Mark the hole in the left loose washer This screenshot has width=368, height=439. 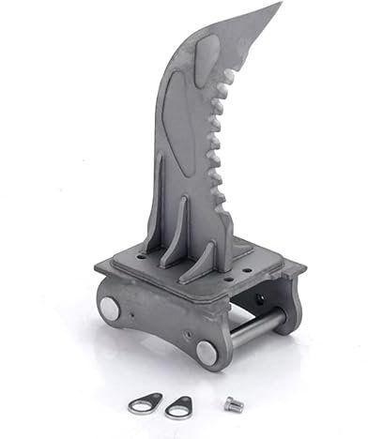click(138, 405)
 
